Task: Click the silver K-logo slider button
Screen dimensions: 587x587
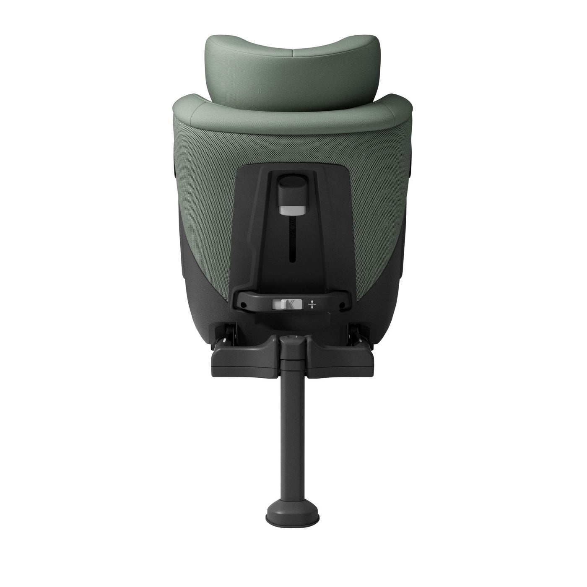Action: [x=287, y=304]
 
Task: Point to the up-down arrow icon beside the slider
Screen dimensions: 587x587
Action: [x=312, y=304]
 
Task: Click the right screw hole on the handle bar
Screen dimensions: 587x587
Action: [x=343, y=305]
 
